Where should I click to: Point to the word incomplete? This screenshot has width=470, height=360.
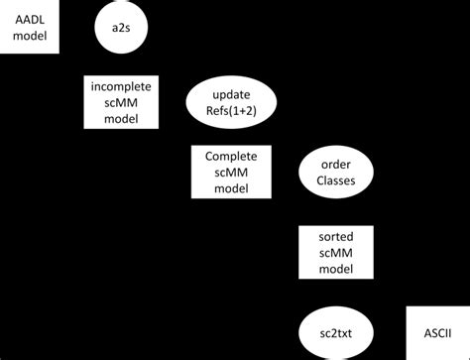(x=118, y=85)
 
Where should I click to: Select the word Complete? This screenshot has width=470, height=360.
(x=231, y=157)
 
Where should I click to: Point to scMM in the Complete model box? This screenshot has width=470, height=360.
(x=231, y=174)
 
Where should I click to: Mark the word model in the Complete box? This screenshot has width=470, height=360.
(x=231, y=190)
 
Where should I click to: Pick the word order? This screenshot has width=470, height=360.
(x=335, y=165)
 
